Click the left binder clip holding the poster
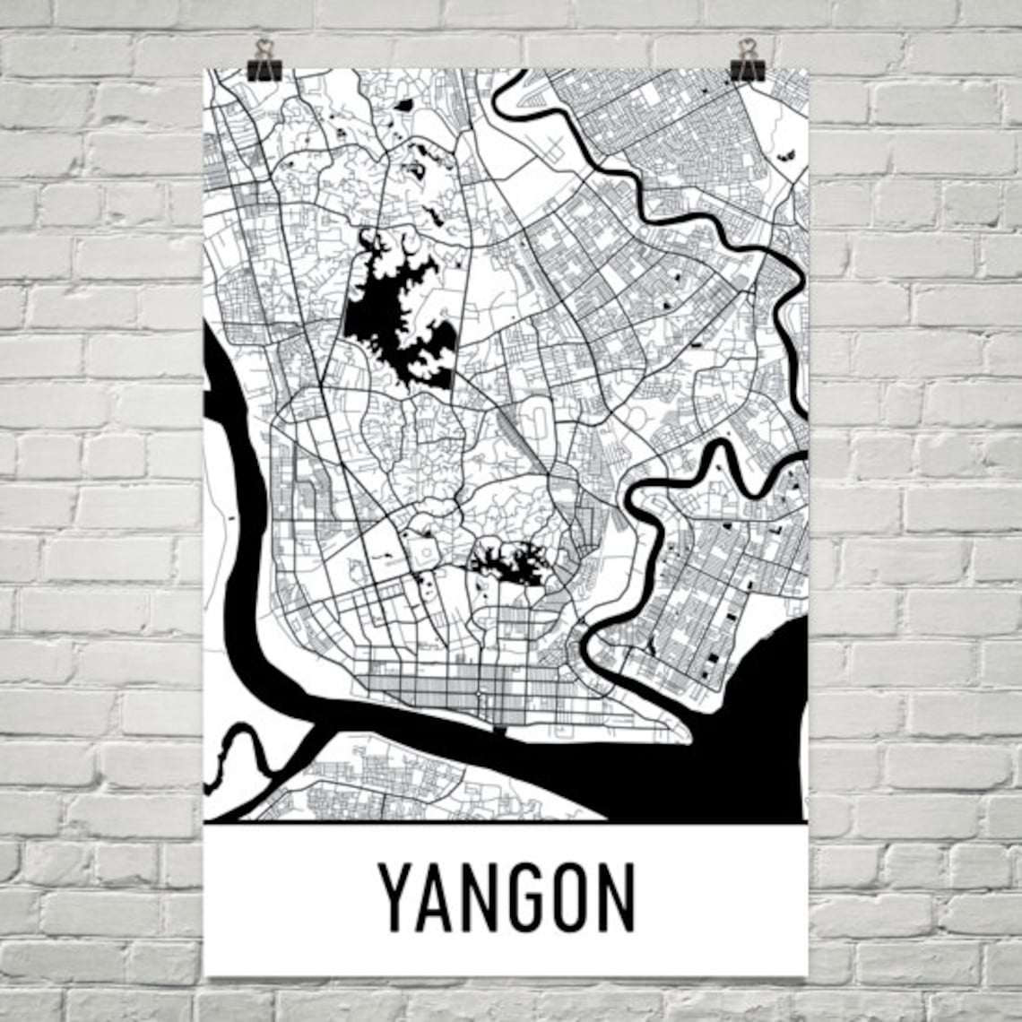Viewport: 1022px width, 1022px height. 264,61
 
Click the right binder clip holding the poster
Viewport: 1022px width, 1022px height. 747,61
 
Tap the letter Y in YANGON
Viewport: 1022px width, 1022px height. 396,896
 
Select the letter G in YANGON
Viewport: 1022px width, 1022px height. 524,896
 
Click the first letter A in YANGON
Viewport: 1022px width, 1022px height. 436,896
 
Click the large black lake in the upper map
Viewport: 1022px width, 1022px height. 394,314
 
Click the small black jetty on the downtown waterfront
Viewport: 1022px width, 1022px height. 499,729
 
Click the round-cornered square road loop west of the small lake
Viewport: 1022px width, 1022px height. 422,549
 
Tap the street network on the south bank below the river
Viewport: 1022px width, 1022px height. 377,780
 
